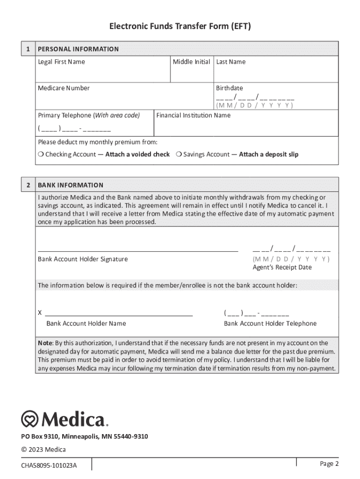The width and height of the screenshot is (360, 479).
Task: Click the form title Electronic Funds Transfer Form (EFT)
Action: [180, 27]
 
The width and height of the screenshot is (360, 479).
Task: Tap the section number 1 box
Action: [28, 49]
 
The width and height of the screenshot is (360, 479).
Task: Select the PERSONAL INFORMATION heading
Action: [78, 49]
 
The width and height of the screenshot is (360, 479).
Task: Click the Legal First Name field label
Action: [61, 62]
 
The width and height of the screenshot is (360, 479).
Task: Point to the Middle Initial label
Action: [191, 62]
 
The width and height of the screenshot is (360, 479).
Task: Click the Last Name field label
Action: [230, 62]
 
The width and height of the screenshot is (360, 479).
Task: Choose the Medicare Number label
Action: [64, 88]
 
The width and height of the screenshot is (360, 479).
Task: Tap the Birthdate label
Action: [229, 88]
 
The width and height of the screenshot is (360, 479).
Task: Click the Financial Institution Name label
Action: [193, 115]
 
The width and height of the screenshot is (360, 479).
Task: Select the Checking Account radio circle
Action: [41, 154]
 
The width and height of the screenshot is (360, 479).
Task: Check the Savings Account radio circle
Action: [179, 154]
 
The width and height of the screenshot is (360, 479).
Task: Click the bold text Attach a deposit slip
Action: [268, 154]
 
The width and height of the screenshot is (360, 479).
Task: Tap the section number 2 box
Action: [28, 185]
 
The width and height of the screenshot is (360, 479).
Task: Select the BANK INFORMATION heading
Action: [71, 185]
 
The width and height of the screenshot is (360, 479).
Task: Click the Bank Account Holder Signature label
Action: [83, 259]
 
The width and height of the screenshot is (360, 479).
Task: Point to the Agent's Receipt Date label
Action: [282, 268]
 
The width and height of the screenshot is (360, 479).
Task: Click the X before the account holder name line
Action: [40, 313]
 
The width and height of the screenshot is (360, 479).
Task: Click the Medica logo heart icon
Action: [30, 419]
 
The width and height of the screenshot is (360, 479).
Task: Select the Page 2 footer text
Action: [329, 464]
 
